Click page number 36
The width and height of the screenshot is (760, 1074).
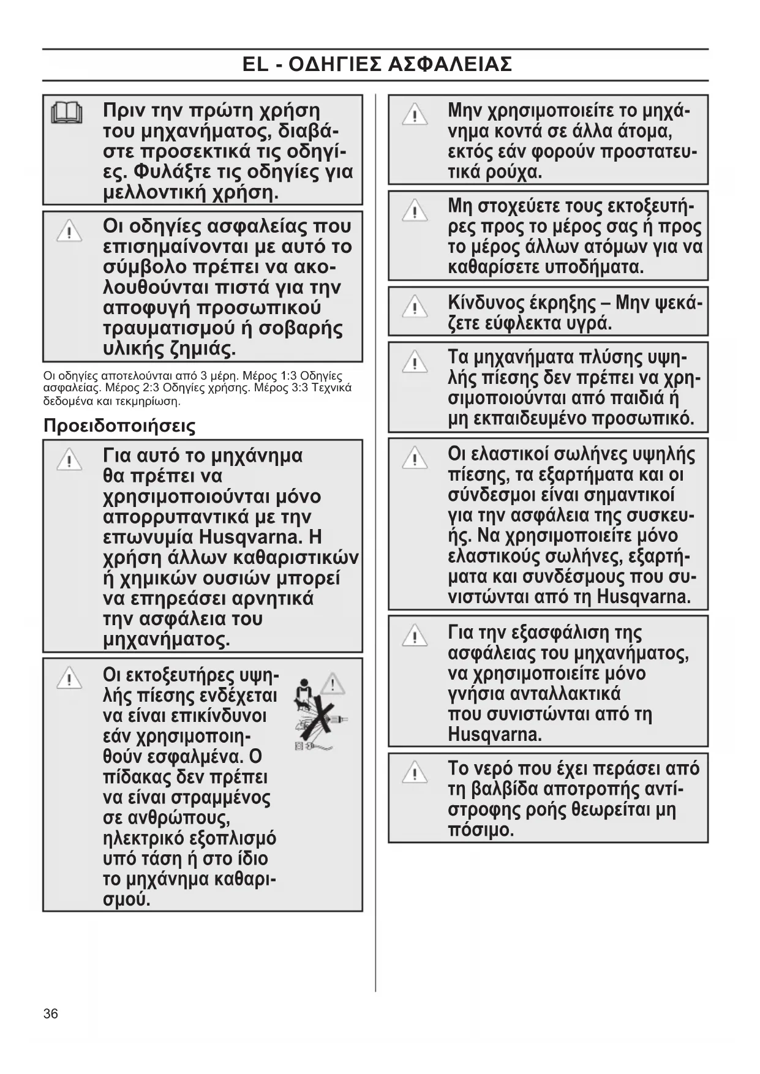pyautogui.click(x=51, y=1013)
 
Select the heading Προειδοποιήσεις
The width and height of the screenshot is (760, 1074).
pyautogui.click(x=119, y=426)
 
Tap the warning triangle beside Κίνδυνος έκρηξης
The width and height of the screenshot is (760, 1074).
pyautogui.click(x=415, y=306)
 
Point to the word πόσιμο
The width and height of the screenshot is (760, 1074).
pyautogui.click(x=481, y=830)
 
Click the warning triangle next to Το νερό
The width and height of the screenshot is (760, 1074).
pyautogui.click(x=415, y=773)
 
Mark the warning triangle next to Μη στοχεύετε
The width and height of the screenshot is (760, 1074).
pyautogui.click(x=415, y=211)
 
